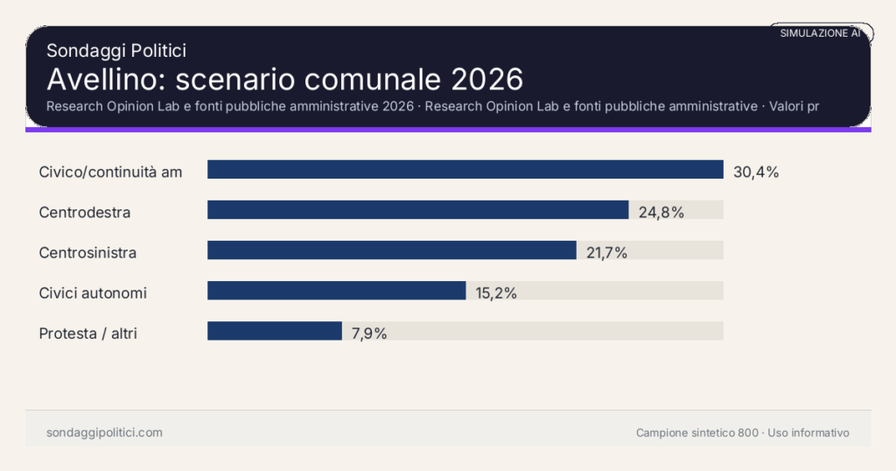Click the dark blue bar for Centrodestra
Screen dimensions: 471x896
click(417, 210)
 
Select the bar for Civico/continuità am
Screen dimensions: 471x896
click(465, 170)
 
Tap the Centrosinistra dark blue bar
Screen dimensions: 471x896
click(391, 250)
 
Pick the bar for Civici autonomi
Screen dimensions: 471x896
click(336, 291)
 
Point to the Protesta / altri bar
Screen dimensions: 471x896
click(274, 331)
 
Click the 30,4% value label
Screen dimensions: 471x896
click(756, 172)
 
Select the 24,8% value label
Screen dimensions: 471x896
click(661, 212)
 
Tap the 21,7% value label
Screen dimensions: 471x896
click(607, 253)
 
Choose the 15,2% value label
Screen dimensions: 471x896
click(496, 293)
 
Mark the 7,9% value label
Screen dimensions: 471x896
click(369, 334)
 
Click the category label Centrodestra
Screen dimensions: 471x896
click(85, 212)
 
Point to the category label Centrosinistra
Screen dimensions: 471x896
click(87, 253)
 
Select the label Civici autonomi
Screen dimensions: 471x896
click(93, 293)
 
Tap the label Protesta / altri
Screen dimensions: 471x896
click(88, 334)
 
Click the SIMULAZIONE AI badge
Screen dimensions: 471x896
click(820, 32)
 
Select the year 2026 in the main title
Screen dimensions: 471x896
click(487, 79)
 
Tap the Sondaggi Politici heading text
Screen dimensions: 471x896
click(116, 51)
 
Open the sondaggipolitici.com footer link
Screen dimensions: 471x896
click(104, 432)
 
